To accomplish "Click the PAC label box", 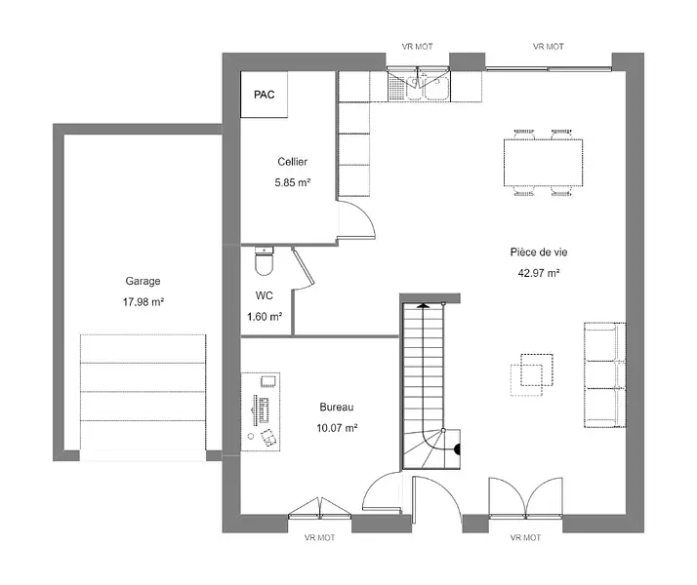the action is pyautogui.click(x=264, y=95).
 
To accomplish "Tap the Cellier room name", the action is pyautogui.click(x=292, y=162).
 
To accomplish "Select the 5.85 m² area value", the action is pyautogui.click(x=292, y=182).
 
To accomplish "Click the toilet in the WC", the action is pyautogui.click(x=264, y=261).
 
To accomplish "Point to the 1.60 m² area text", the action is pyautogui.click(x=265, y=317).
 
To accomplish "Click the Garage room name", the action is pyautogui.click(x=143, y=281).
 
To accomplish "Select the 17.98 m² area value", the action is pyautogui.click(x=143, y=302).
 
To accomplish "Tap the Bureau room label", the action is pyautogui.click(x=337, y=407).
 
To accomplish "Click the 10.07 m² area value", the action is pyautogui.click(x=337, y=428).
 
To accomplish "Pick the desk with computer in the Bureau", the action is pyautogui.click(x=261, y=411).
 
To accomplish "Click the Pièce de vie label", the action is pyautogui.click(x=539, y=253).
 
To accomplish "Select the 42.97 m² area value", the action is pyautogui.click(x=539, y=273).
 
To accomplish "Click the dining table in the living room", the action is pyautogui.click(x=543, y=163).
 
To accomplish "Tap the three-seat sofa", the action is pyautogui.click(x=605, y=375).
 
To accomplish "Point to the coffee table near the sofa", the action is pyautogui.click(x=532, y=374).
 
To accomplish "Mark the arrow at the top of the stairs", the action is pyautogui.click(x=423, y=305).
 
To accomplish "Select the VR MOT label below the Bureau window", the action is pyautogui.click(x=319, y=537).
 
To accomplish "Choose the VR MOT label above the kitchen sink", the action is pyautogui.click(x=418, y=46).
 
